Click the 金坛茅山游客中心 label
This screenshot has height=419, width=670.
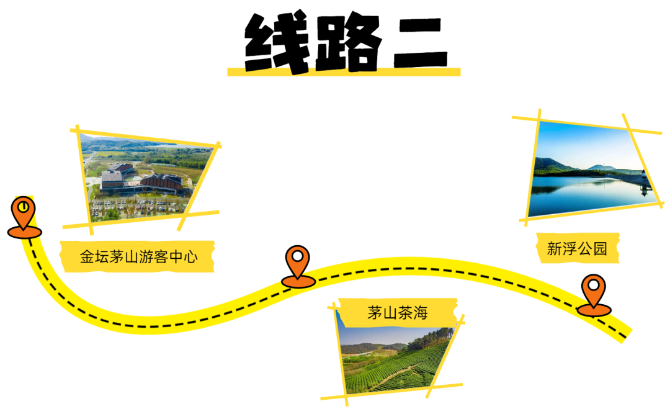(138, 256)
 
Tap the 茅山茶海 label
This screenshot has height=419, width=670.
(397, 312)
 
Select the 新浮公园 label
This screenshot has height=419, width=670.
(577, 249)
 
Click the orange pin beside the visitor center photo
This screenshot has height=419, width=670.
(24, 214)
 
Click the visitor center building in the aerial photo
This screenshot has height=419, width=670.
(143, 179)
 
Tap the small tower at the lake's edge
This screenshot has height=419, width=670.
(645, 183)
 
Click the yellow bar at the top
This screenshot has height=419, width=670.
(344, 71)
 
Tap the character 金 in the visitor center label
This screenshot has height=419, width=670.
(87, 256)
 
